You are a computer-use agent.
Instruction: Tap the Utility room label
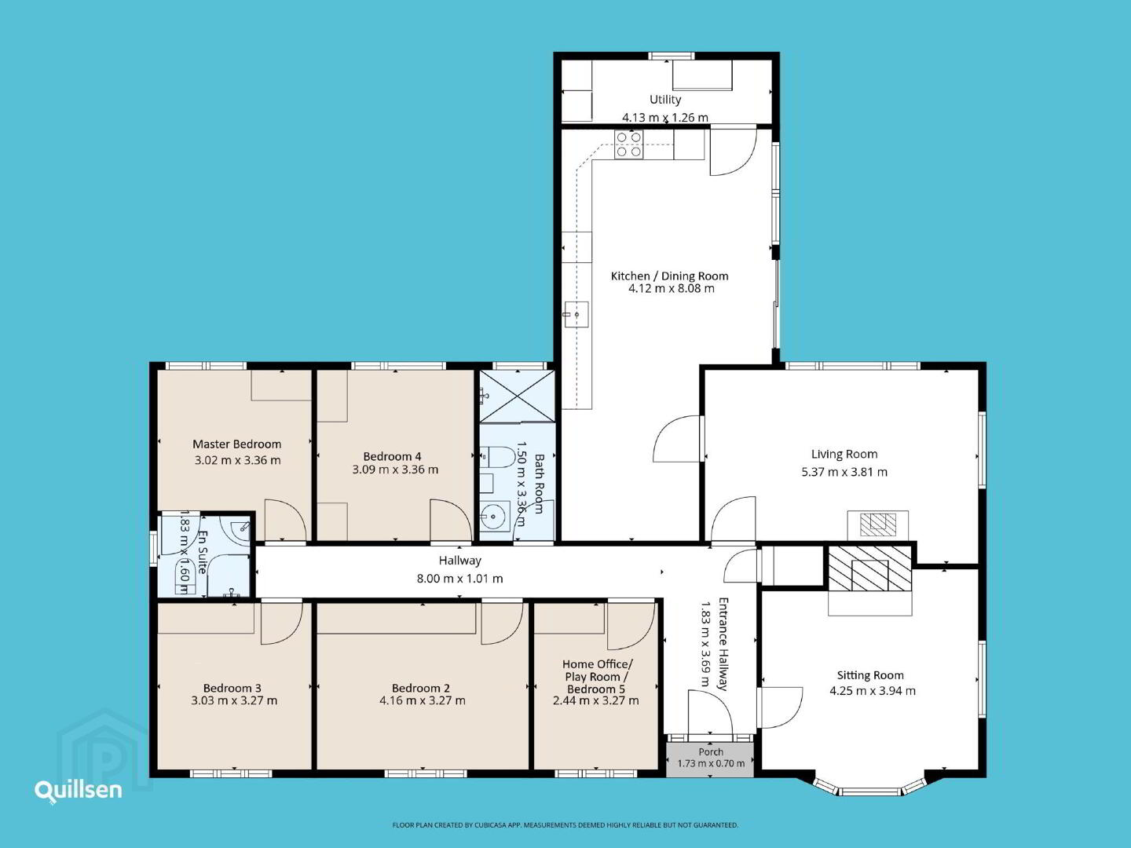click(664, 100)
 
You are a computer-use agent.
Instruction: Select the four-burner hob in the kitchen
click(628, 144)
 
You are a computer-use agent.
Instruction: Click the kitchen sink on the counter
click(576, 314)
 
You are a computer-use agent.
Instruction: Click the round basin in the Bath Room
click(495, 516)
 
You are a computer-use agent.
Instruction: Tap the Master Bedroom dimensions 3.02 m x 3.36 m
click(237, 460)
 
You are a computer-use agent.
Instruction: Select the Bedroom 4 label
click(392, 456)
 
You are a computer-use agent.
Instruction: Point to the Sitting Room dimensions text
click(873, 691)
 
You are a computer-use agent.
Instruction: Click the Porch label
click(711, 751)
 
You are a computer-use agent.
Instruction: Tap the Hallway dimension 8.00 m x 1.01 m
click(459, 579)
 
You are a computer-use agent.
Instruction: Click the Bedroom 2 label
click(420, 688)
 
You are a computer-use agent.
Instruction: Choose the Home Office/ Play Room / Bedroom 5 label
click(596, 677)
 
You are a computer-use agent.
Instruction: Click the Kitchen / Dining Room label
click(669, 276)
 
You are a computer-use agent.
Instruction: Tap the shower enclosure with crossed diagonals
click(518, 396)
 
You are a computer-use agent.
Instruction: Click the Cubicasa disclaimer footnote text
click(565, 825)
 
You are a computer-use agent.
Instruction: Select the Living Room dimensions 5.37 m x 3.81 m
click(844, 472)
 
